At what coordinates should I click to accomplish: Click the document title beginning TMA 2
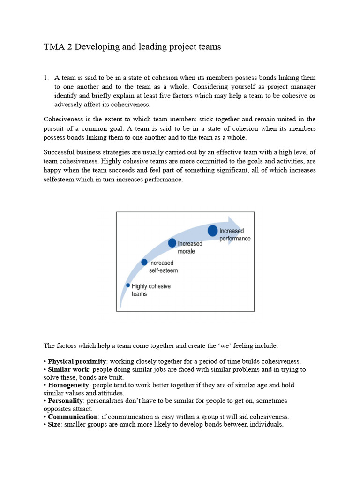[132, 47]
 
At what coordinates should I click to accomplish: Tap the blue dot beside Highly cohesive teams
[128, 285]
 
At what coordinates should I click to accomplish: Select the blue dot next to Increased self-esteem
[144, 262]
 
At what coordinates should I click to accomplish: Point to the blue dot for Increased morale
[172, 243]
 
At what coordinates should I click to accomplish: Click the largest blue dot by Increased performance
[213, 231]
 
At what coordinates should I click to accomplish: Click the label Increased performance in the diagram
[235, 235]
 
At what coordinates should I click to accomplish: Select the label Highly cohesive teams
[151, 290]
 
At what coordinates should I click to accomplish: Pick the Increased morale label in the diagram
[190, 247]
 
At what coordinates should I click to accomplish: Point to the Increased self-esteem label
[163, 267]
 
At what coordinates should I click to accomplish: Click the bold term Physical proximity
[74, 361]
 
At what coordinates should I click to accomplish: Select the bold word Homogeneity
[69, 385]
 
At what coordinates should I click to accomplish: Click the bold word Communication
[73, 417]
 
